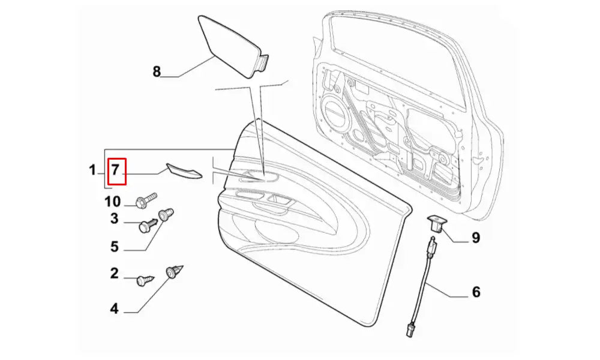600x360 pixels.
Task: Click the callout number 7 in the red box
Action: [116, 170]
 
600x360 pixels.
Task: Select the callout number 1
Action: [92, 171]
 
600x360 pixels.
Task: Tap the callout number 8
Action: [157, 72]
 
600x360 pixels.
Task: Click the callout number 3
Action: [114, 219]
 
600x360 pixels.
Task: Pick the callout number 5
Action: [114, 247]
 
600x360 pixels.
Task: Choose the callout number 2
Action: [114, 274]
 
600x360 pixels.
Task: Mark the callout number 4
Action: [114, 309]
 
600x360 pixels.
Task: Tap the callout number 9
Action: [475, 238]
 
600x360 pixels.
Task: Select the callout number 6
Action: [476, 292]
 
